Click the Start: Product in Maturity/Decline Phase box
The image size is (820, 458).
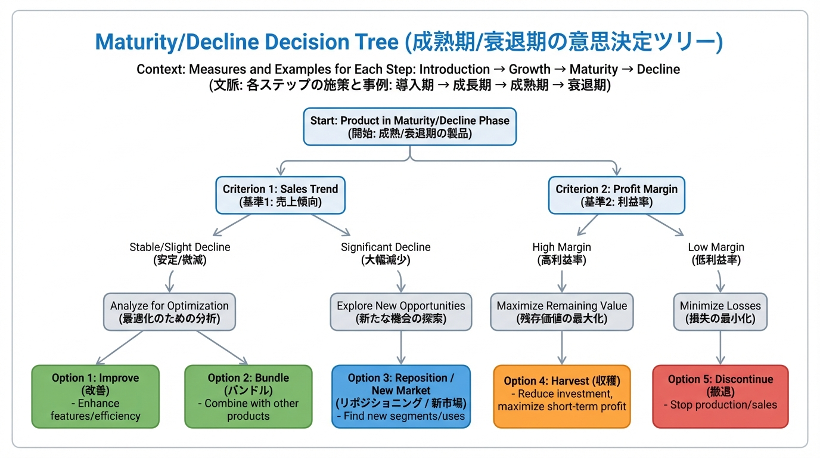[409, 126]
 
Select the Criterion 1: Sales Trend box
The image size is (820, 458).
[280, 195]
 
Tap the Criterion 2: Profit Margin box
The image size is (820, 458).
[616, 195]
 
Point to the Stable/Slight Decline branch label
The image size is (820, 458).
[179, 253]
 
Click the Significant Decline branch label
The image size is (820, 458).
[386, 253]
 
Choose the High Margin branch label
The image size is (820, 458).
[561, 253]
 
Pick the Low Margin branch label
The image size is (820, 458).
[716, 253]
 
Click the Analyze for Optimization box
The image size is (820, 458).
[169, 312]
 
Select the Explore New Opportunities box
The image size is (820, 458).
[400, 312]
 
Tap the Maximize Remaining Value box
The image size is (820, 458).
[561, 312]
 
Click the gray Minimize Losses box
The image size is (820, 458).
[720, 312]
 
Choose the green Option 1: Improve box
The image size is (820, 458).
[95, 397]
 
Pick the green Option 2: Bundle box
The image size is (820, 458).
[248, 397]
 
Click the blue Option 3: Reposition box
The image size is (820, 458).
[400, 397]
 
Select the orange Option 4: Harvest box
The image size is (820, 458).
[561, 397]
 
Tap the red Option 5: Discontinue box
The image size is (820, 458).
[720, 397]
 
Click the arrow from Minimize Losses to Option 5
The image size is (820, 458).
[720, 348]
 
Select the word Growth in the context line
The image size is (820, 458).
[530, 69]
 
